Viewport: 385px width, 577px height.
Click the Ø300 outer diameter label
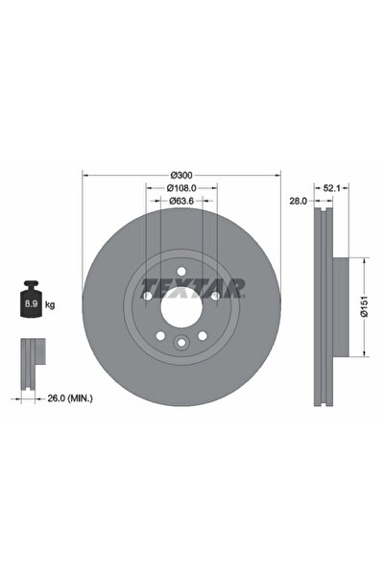(x=181, y=174)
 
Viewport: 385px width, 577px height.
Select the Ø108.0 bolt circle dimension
(x=181, y=187)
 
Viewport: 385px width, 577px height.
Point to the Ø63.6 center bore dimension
(x=181, y=201)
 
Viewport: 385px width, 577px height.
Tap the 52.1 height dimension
(x=331, y=187)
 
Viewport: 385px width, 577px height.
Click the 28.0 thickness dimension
(x=297, y=201)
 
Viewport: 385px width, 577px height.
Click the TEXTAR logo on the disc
(x=193, y=286)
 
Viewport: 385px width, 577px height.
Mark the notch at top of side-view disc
(x=321, y=210)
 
